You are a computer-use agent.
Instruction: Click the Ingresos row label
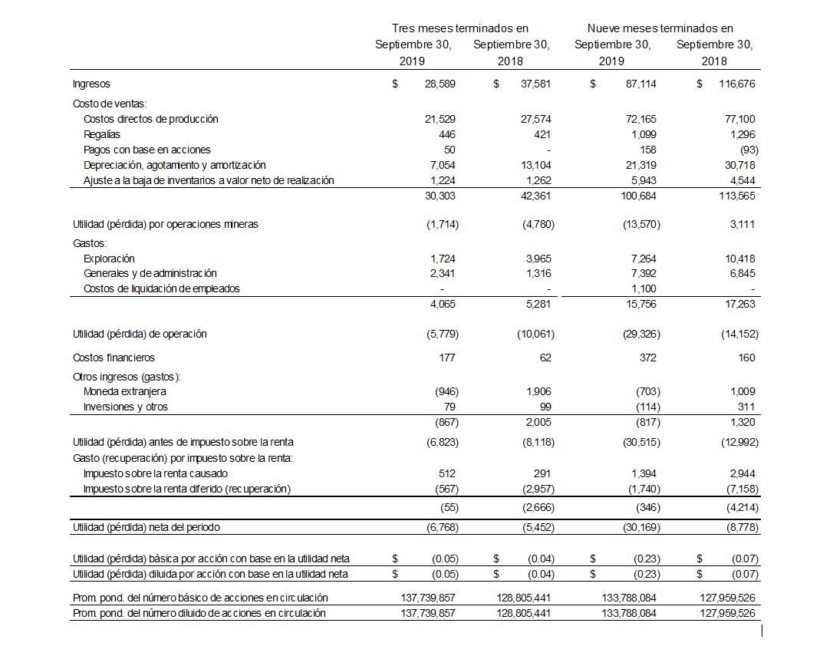point(91,84)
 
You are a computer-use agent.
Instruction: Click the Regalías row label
point(102,134)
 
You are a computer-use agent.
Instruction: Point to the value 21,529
point(440,119)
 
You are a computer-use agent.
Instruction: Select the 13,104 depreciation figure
point(535,165)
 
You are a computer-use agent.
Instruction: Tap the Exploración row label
point(109,259)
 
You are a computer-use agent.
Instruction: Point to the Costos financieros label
point(114,358)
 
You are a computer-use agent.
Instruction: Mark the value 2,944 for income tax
point(741,473)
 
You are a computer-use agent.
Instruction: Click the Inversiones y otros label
point(125,407)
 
